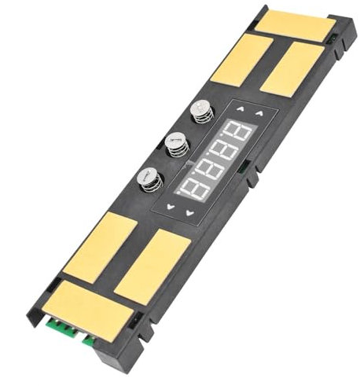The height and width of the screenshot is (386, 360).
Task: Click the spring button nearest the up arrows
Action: point(202,110)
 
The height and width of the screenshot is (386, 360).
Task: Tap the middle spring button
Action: point(177,144)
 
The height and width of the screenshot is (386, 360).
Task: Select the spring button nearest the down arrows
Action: point(149,178)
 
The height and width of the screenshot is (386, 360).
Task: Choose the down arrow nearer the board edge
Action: point(189,213)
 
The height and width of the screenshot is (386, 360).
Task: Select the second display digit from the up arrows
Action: point(225,149)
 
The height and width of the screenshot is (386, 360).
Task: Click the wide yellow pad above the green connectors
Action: point(87,309)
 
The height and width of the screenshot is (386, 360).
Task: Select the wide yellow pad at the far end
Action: point(296,25)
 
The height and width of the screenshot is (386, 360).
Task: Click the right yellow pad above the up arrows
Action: point(292,69)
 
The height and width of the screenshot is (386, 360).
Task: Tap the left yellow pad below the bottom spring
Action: point(100,247)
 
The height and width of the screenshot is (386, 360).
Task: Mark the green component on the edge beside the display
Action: point(248,167)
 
